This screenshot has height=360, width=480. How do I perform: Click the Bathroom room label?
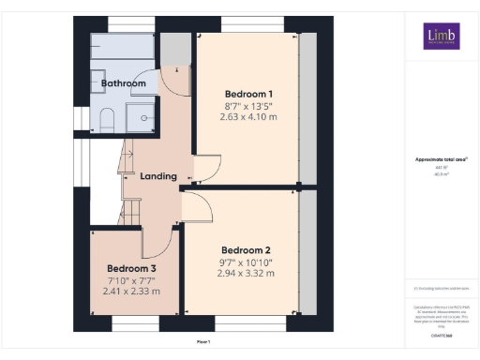124,83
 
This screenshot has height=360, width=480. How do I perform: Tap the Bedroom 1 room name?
248,94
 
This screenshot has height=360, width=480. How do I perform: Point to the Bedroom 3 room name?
131,268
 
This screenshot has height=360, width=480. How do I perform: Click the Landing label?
158,176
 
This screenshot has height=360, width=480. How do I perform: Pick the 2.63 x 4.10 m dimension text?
248,118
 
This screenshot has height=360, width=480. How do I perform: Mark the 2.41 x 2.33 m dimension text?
131,292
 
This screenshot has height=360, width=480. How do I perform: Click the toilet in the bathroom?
106,117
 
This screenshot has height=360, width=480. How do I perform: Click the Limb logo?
439,36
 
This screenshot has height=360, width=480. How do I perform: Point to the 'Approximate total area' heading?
441,159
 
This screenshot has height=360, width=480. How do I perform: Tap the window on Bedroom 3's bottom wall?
134,323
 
